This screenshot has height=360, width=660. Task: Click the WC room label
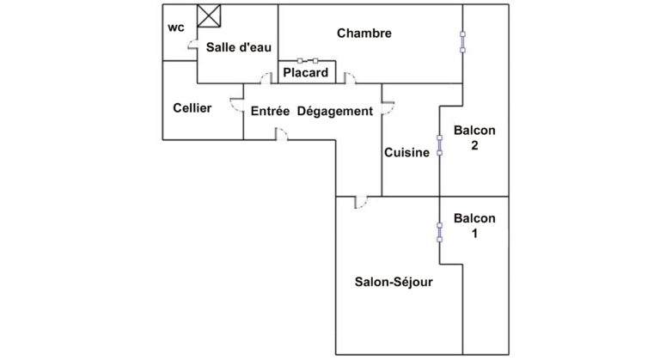[x=176, y=27]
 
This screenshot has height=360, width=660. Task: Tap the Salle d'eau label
[x=233, y=48]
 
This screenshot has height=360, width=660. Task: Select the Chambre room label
[x=364, y=34]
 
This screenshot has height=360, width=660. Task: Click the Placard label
[x=305, y=73]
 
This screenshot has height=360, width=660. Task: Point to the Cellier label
[x=192, y=108]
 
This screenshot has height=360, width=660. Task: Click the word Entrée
[x=270, y=111]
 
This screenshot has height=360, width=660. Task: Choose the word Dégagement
[x=335, y=111]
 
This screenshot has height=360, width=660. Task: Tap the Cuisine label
[x=406, y=152]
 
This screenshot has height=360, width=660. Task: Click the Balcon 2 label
[x=474, y=137]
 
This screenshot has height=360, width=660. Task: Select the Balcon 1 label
[x=474, y=225]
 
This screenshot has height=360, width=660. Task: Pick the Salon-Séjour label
[x=394, y=282]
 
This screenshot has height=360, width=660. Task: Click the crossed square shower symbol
[x=209, y=15]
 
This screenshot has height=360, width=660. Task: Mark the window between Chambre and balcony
[x=462, y=41]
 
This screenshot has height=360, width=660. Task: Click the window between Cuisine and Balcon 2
[x=440, y=143]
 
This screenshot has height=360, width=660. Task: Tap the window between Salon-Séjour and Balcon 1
[x=440, y=230]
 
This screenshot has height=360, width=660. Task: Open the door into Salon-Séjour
[x=361, y=203]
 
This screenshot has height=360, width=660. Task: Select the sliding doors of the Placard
[x=307, y=61]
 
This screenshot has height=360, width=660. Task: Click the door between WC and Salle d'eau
[x=196, y=49]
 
